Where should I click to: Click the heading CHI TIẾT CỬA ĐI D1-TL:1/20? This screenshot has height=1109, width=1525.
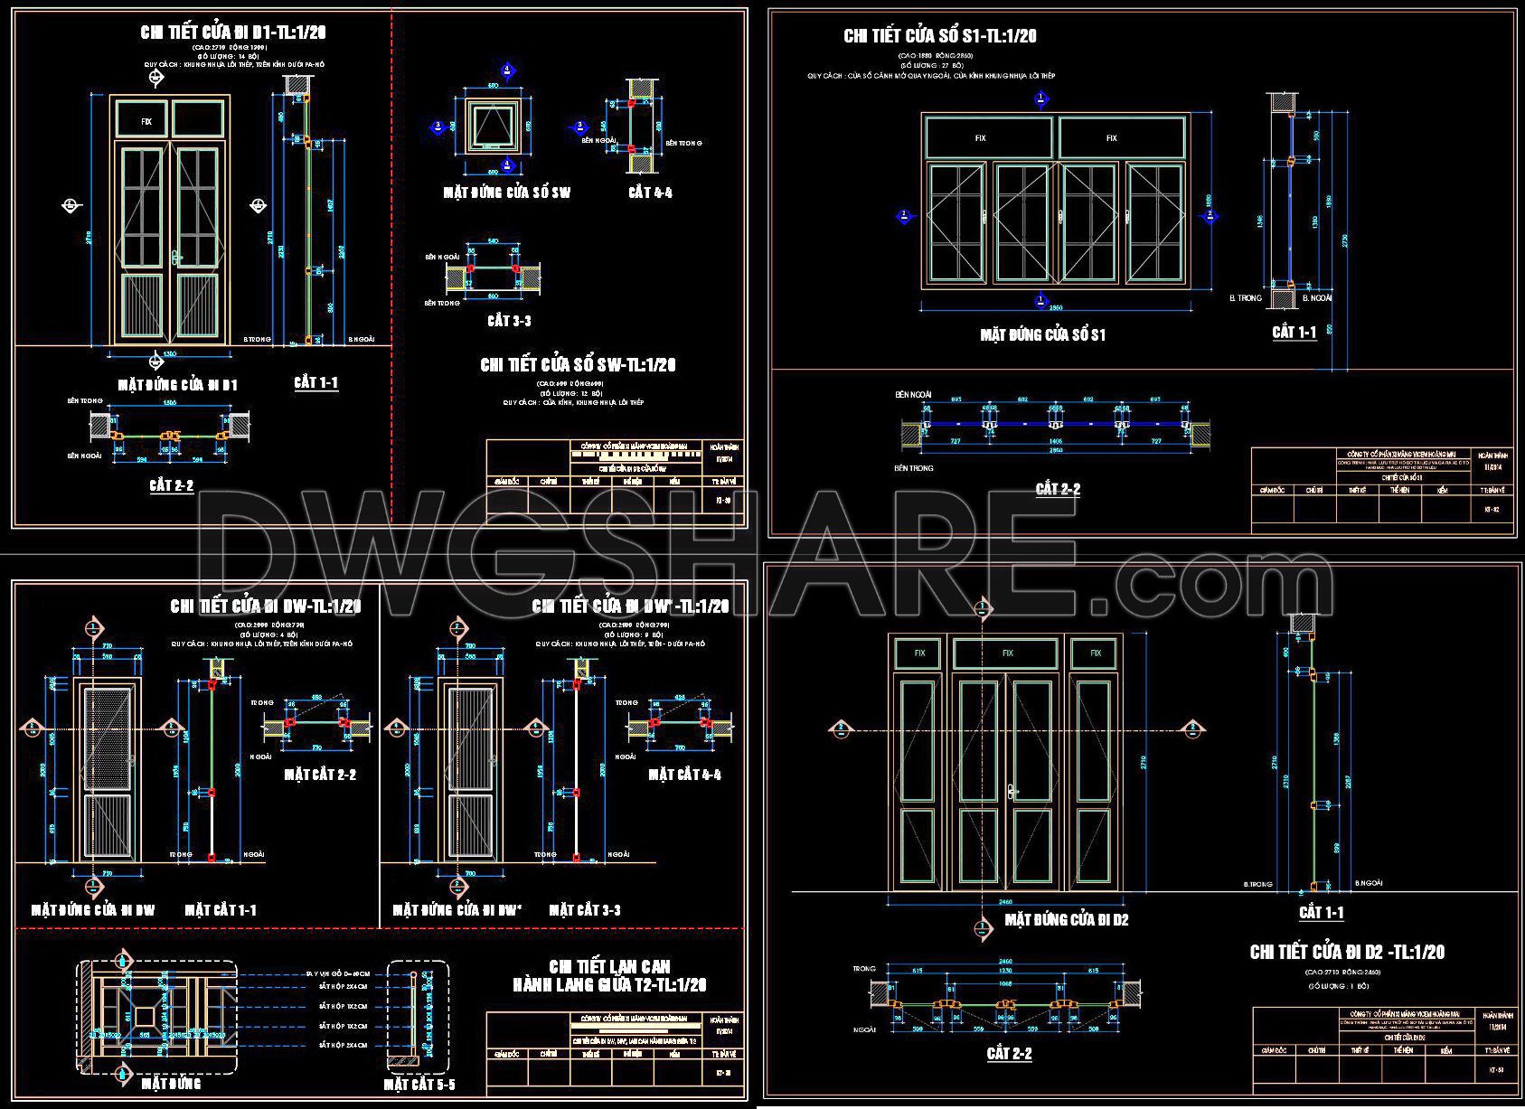tap(233, 33)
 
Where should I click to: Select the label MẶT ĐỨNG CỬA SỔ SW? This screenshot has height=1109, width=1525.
tap(506, 193)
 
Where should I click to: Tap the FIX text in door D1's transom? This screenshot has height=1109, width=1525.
tap(146, 121)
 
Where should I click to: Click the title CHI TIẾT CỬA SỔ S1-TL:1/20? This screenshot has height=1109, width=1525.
tap(939, 36)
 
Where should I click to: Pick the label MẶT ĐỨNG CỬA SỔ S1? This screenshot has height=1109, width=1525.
tap(1042, 335)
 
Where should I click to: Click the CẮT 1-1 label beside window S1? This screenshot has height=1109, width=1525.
tap(1294, 333)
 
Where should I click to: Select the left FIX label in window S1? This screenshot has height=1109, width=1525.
tap(981, 138)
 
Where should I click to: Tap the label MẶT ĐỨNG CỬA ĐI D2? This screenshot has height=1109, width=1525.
tap(1068, 920)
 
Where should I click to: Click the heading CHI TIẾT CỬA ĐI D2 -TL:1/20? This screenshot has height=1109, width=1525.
tap(1347, 952)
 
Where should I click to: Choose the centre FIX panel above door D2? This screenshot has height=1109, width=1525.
tap(1007, 653)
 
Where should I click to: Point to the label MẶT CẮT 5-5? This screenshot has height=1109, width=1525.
tap(419, 1084)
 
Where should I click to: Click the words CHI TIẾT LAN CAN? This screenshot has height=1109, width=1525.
tap(609, 966)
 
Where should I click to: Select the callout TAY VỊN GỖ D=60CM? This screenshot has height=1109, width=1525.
tap(336, 974)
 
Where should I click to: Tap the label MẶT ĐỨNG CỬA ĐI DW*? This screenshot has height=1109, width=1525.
tap(457, 910)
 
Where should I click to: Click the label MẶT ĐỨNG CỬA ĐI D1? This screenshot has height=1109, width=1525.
tap(177, 385)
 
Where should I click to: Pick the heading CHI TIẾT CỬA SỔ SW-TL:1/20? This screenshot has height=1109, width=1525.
tap(578, 365)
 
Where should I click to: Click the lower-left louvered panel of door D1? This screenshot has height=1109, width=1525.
tap(142, 307)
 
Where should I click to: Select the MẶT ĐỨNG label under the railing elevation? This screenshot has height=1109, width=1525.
tap(171, 1083)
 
